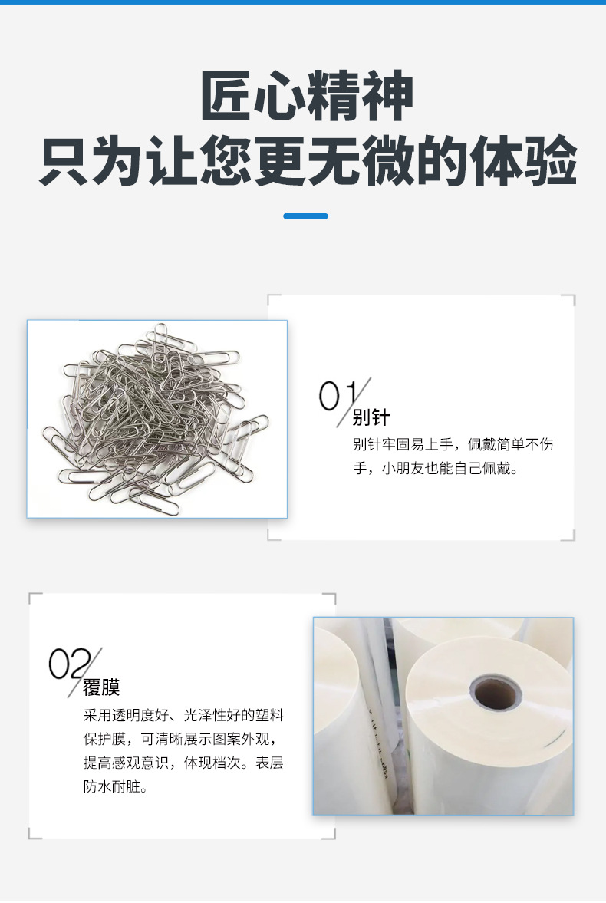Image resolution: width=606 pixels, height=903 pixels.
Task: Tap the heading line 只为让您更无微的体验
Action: pyautogui.click(x=307, y=161)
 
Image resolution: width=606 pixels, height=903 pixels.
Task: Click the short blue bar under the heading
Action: pyautogui.click(x=305, y=216)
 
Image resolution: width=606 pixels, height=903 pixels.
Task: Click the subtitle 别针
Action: pyautogui.click(x=371, y=418)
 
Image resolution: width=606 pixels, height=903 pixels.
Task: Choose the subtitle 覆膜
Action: pyautogui.click(x=101, y=687)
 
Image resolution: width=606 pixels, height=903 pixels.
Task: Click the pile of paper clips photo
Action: pyautogui.click(x=157, y=419)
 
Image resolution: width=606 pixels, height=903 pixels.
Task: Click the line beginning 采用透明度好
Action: pyautogui.click(x=183, y=716)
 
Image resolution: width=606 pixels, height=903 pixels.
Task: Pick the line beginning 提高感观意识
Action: pyautogui.click(x=183, y=763)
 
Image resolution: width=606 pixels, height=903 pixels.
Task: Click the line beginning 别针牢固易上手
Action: pyautogui.click(x=453, y=445)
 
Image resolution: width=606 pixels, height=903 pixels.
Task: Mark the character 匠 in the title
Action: pyautogui.click(x=227, y=97)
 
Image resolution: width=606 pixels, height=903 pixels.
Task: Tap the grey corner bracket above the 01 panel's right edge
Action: pyautogui.click(x=568, y=300)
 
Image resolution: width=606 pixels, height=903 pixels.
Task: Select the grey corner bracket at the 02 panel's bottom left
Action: pyautogui.click(x=35, y=833)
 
